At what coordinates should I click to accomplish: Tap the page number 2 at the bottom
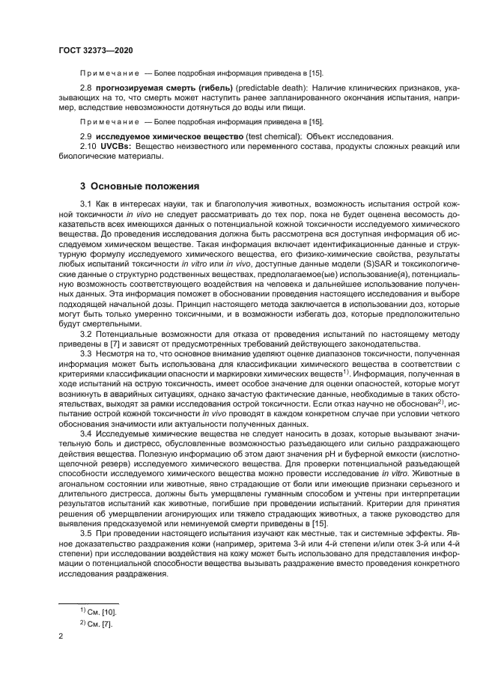tap(61, 638)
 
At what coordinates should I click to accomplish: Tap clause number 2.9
tap(86, 136)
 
